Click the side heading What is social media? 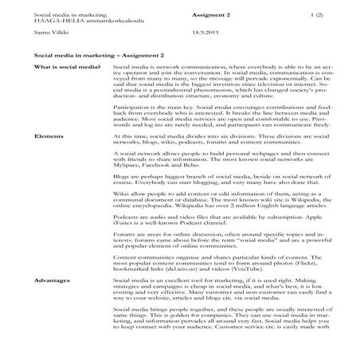tap(64, 72)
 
